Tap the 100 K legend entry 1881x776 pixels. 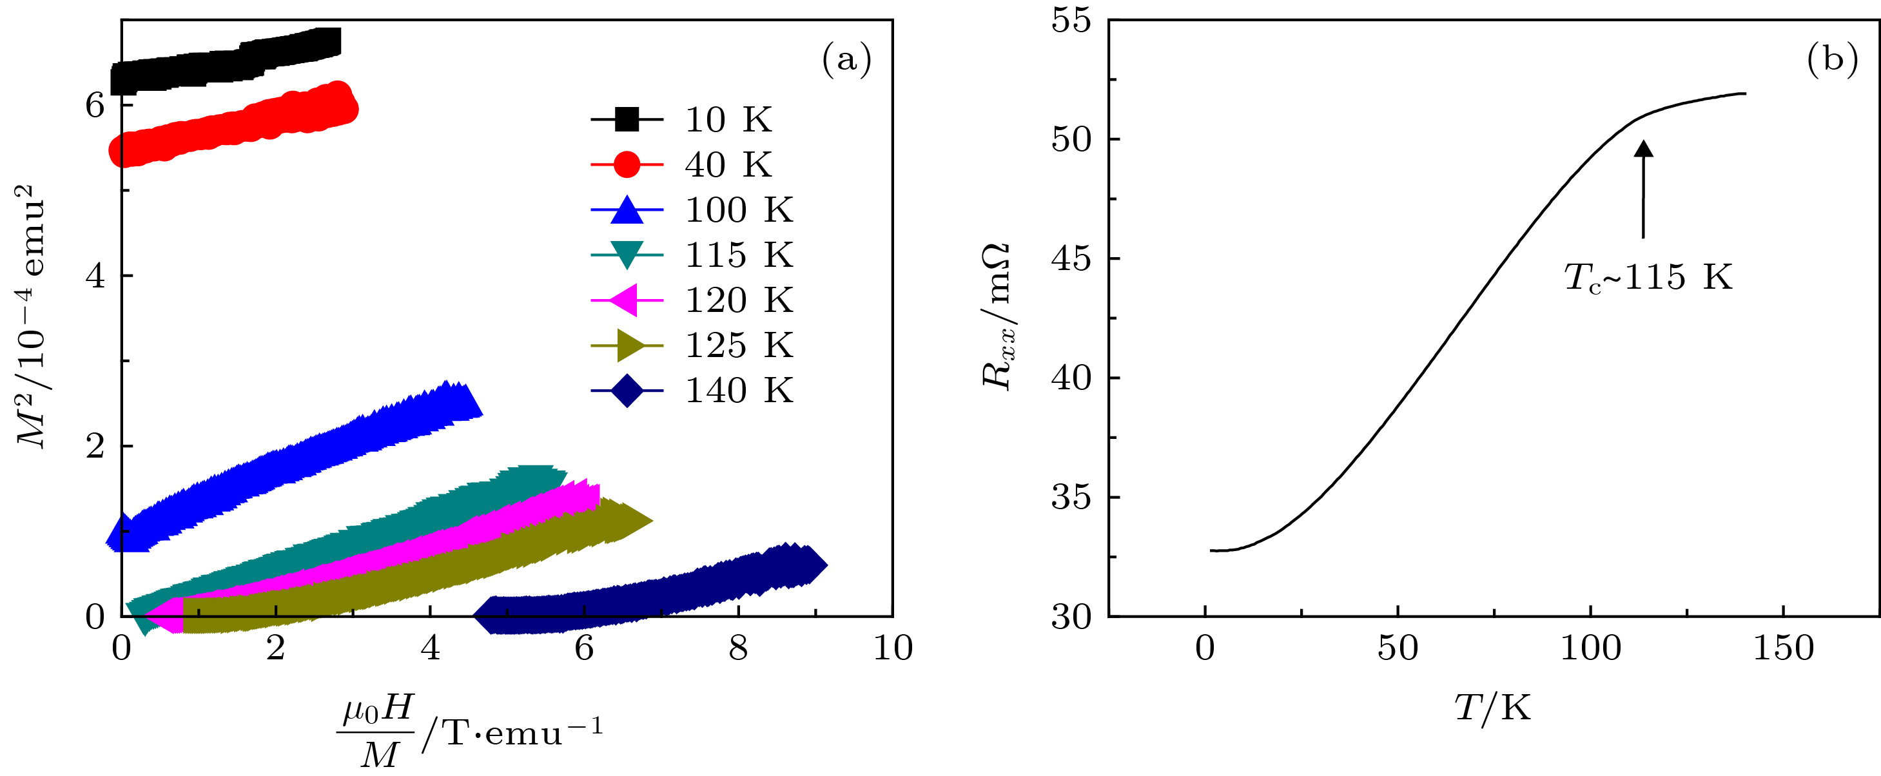(737, 209)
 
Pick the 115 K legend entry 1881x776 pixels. (737, 255)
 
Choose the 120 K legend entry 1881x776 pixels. (737, 300)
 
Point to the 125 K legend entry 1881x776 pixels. (737, 345)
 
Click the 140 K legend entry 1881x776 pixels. (737, 391)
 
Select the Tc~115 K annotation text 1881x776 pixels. (1648, 277)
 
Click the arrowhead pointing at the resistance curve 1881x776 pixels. (1644, 149)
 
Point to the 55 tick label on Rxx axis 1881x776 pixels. (1071, 21)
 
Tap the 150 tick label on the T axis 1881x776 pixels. (1783, 648)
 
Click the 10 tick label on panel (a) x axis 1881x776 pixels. (893, 648)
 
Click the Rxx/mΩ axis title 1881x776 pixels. (997, 318)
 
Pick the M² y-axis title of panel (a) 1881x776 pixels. (31, 318)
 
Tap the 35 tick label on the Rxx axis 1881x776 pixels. (1071, 498)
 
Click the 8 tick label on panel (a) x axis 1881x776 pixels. (738, 648)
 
